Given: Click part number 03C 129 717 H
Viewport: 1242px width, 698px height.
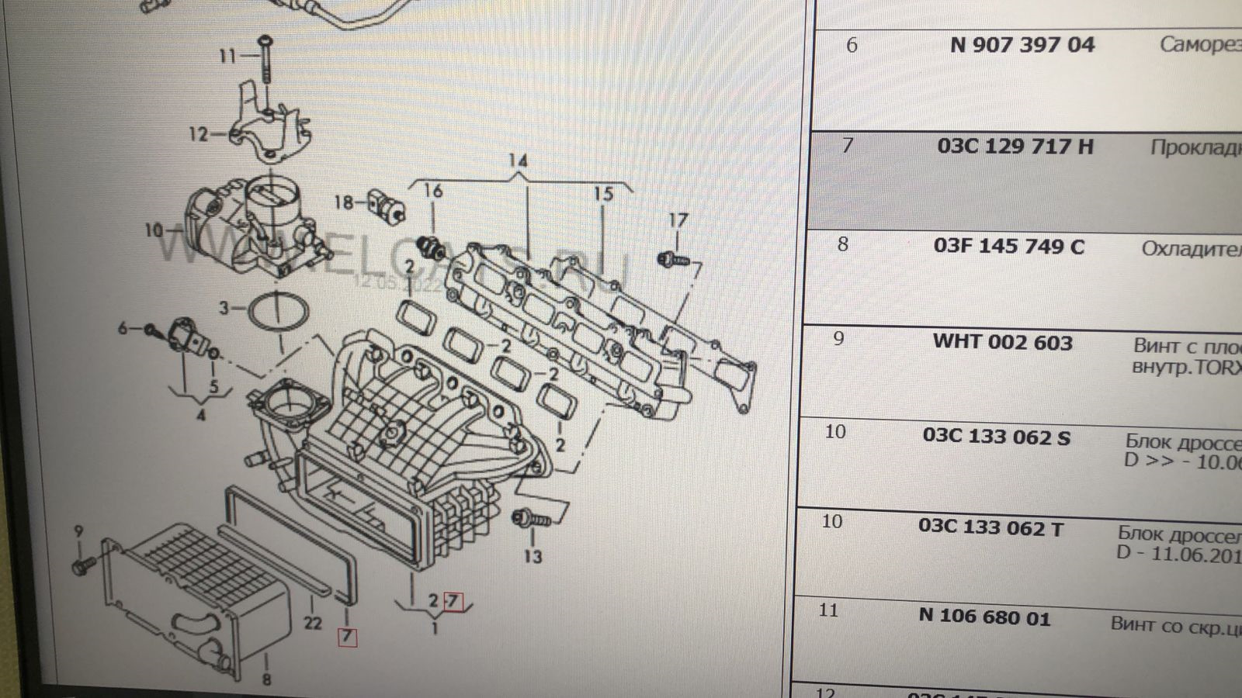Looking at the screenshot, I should tap(1015, 146).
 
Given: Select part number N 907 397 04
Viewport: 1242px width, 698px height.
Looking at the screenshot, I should tap(1022, 45).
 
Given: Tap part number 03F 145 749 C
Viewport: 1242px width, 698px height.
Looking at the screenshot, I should tap(1008, 247).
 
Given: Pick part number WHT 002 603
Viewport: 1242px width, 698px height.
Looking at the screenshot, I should tap(1002, 343).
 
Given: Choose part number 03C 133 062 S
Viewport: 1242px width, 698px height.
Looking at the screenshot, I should tap(996, 437).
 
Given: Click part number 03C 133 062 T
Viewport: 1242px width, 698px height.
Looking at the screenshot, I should tap(990, 528).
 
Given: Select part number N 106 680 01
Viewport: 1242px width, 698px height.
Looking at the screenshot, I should tap(984, 617).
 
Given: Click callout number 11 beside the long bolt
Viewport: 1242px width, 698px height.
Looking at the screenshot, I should tap(227, 56).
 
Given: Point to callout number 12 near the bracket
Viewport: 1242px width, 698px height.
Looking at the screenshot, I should tap(198, 134).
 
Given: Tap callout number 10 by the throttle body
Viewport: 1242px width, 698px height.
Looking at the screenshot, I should tap(153, 230).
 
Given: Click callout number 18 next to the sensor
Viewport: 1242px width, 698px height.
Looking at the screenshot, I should tap(343, 203).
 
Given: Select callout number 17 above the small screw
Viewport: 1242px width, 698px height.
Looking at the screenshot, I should tap(678, 220).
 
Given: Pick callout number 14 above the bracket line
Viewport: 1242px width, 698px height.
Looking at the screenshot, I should tap(518, 161).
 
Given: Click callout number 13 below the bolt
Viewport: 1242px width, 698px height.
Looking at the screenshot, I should tap(533, 556).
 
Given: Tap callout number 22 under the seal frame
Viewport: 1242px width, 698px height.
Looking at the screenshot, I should tap(313, 623).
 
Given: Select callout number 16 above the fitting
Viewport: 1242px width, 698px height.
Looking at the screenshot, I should tap(432, 191).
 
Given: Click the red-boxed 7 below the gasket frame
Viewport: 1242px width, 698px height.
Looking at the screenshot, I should tap(346, 638).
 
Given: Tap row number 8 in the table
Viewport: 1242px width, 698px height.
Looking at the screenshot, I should tap(842, 245).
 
